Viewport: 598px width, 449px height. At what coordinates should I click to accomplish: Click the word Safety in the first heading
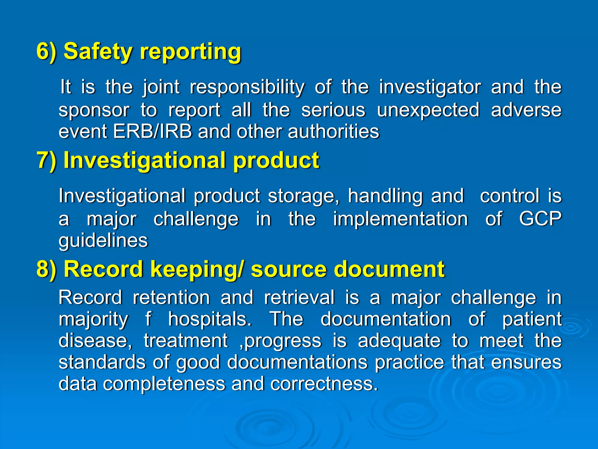click(98, 51)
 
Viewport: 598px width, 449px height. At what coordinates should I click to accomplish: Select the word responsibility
click(247, 87)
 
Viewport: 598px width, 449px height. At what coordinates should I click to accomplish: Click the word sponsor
click(94, 110)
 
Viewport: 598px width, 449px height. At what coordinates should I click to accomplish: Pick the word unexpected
click(428, 110)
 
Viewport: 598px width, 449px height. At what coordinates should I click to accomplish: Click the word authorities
click(333, 131)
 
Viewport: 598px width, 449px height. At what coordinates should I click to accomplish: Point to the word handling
click(385, 196)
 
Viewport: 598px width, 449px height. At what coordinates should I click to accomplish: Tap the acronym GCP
click(540, 219)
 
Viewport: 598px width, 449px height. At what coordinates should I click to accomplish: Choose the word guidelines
click(103, 241)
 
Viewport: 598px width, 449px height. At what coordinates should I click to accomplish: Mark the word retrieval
click(299, 298)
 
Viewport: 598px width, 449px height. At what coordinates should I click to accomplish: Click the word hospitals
click(210, 319)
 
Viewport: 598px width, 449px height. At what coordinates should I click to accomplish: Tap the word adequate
click(399, 341)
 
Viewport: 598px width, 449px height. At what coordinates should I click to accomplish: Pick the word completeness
click(164, 384)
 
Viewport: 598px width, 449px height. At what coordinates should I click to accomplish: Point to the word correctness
click(324, 384)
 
